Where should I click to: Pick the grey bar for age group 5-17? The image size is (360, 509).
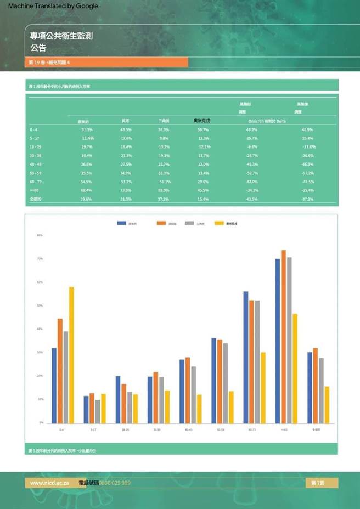98,411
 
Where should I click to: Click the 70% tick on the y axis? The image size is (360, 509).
40,258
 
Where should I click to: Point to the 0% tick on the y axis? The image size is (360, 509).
41,423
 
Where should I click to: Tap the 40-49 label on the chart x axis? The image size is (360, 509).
188,430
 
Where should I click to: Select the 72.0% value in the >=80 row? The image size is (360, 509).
126,190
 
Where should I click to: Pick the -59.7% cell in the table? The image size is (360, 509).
252,173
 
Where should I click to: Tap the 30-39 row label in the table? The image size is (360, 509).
35,156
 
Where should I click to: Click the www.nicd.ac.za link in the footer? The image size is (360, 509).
49,483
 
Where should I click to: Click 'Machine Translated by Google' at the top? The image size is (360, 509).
53,6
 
